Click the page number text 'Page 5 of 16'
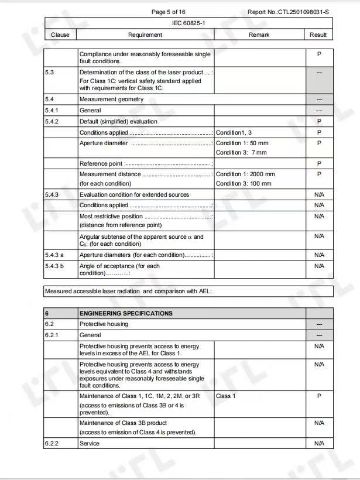[168, 12]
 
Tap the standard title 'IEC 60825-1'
[188, 23]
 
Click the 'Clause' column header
[60, 35]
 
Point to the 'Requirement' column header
[145, 35]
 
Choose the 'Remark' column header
[259, 35]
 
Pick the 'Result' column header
[318, 35]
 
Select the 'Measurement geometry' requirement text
[111, 100]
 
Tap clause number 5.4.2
[52, 121]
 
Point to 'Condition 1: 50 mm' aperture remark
[242, 143]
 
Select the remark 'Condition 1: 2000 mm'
[245, 174]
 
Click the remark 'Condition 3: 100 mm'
[244, 184]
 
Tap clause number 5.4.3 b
[54, 266]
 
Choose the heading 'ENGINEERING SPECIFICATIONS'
[126, 314]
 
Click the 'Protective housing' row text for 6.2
[104, 324]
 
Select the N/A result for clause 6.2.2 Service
[319, 444]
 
